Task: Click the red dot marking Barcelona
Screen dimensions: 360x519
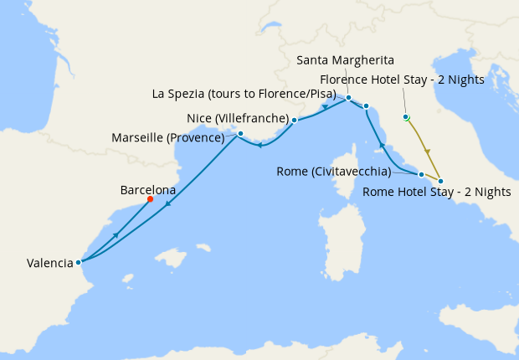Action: pos(150,199)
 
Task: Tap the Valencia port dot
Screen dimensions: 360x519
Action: pos(78,262)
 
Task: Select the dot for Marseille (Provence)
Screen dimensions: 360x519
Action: pos(240,133)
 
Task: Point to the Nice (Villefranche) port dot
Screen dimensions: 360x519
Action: pos(295,120)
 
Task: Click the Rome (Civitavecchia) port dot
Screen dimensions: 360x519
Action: pos(421,175)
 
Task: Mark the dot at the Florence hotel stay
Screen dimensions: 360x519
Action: pos(406,117)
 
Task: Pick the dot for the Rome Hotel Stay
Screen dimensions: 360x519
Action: pos(441,182)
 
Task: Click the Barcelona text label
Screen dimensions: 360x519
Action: pos(147,190)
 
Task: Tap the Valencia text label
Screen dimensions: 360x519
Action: pos(49,263)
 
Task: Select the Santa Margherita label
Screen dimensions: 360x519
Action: pos(346,59)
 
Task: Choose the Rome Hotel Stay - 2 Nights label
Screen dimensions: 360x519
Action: pos(437,193)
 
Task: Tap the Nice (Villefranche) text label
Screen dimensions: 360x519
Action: pos(237,117)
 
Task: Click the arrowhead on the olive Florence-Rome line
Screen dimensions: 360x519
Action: pos(428,152)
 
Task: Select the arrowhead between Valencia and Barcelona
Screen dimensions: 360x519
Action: pos(115,234)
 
